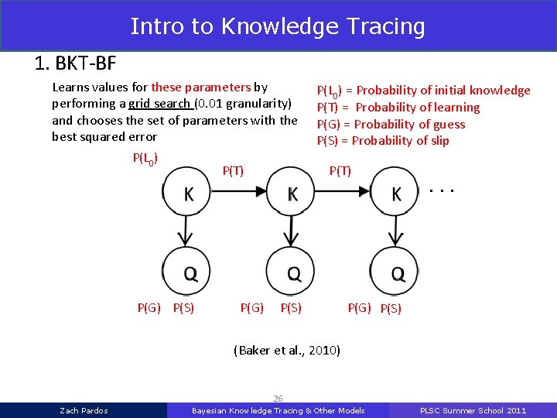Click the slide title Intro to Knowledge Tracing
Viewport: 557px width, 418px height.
point(278,26)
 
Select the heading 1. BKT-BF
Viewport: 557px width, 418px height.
point(75,63)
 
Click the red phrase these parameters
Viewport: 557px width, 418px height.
point(201,87)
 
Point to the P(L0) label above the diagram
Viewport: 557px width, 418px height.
point(146,159)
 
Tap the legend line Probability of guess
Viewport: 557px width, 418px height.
point(391,124)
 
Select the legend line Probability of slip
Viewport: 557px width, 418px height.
point(383,140)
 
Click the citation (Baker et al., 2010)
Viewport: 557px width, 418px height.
point(286,351)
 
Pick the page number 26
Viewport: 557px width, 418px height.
point(278,399)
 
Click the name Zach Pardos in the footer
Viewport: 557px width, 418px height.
point(84,410)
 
